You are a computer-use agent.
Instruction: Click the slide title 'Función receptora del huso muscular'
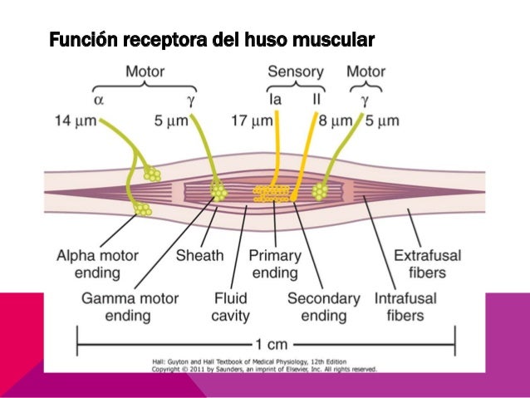(212, 39)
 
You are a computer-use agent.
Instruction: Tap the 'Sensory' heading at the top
(296, 71)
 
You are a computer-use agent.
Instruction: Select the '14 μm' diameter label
(75, 120)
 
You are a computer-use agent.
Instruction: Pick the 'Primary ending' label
(274, 263)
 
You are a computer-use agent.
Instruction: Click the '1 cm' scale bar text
(267, 341)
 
